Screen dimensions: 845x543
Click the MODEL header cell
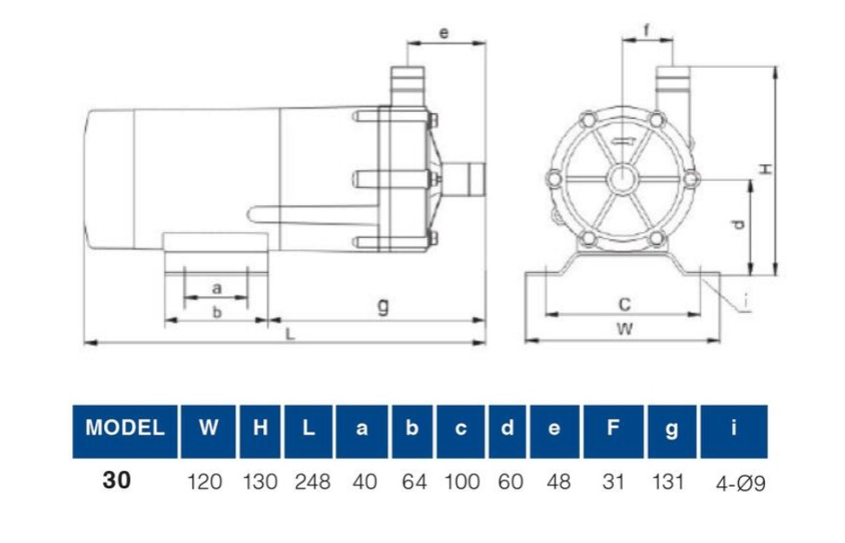pyautogui.click(x=125, y=432)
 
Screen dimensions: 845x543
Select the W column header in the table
pyautogui.click(x=208, y=432)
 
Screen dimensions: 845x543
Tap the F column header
pyautogui.click(x=613, y=432)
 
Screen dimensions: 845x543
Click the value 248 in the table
pyautogui.click(x=313, y=481)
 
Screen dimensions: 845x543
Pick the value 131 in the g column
pyautogui.click(x=668, y=481)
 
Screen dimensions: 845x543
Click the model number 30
pyautogui.click(x=116, y=480)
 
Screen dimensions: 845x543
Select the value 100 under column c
pyautogui.click(x=462, y=481)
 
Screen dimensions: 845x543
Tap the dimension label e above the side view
pyautogui.click(x=444, y=33)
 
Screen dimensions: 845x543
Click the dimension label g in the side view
pyautogui.click(x=383, y=306)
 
